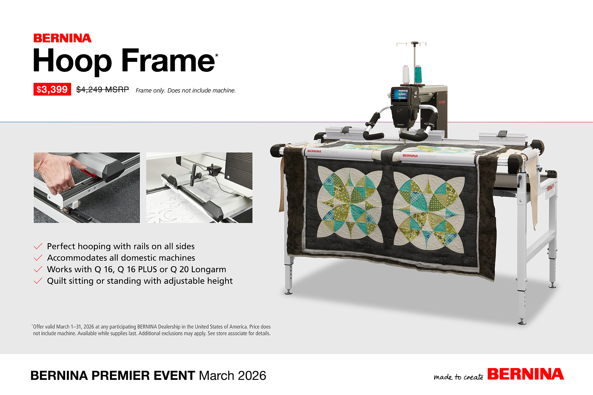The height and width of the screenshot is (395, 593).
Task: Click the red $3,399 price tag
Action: pyautogui.click(x=52, y=89)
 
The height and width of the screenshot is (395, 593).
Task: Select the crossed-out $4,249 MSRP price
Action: pyautogui.click(x=102, y=90)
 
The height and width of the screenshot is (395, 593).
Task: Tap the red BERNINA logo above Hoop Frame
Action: pyautogui.click(x=62, y=38)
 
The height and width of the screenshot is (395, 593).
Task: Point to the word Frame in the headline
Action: pyautogui.click(x=168, y=60)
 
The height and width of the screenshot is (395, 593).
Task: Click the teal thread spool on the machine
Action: pyautogui.click(x=418, y=74)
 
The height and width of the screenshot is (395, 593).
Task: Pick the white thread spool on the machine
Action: pyautogui.click(x=406, y=74)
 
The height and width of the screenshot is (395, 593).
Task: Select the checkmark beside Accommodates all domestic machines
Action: pyautogui.click(x=38, y=258)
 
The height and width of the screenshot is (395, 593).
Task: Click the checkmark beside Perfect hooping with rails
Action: pyautogui.click(x=38, y=246)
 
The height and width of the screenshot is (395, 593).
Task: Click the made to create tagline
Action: pyautogui.click(x=459, y=377)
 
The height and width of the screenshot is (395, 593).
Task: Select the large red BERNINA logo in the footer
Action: pyautogui.click(x=525, y=374)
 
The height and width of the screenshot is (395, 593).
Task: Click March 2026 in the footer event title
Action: pyautogui.click(x=233, y=376)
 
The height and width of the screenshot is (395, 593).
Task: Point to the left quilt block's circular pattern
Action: pyautogui.click(x=350, y=202)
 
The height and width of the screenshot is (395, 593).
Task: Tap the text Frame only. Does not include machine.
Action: pyautogui.click(x=186, y=91)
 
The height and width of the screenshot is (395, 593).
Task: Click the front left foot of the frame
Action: pyautogui.click(x=289, y=291)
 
